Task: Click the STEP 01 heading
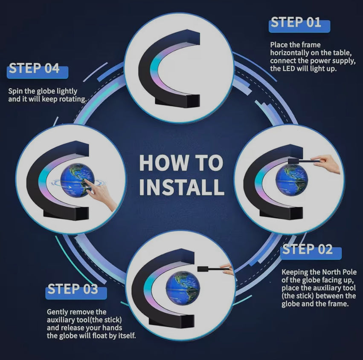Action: [x=296, y=22]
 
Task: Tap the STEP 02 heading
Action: [x=308, y=249]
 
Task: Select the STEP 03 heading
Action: [x=73, y=289]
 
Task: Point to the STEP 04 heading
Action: [x=34, y=68]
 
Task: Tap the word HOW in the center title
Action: [x=163, y=163]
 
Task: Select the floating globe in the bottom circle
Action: [x=183, y=288]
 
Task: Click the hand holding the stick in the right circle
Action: [x=326, y=163]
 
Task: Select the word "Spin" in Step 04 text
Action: [x=15, y=91]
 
